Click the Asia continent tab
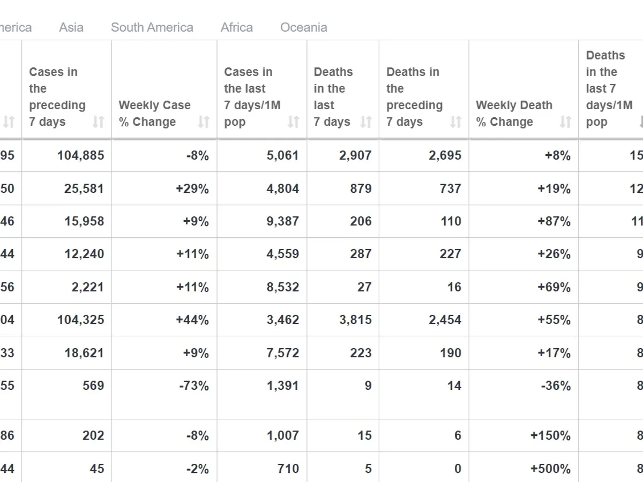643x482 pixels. tap(71, 27)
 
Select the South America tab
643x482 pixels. tap(152, 27)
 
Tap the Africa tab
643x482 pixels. tap(236, 27)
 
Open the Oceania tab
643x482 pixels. tap(304, 27)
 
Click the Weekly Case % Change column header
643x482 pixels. tap(155, 114)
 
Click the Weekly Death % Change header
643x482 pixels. tap(514, 114)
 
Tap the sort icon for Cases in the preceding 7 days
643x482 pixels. tap(98, 122)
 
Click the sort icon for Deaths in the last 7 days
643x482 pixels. tap(365, 122)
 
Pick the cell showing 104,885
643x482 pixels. tap(81, 156)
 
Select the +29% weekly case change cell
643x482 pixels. tap(192, 189)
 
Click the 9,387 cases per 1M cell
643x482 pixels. tap(283, 221)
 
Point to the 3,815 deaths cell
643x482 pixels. tap(355, 320)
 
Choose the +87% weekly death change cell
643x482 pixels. tap(554, 221)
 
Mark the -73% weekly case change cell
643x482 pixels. tap(194, 386)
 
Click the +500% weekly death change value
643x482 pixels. tap(550, 469)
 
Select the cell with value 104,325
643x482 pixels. tap(81, 320)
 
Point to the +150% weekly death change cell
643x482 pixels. tap(550, 435)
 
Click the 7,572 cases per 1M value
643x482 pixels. tap(283, 353)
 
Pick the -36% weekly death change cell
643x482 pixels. tap(555, 386)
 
